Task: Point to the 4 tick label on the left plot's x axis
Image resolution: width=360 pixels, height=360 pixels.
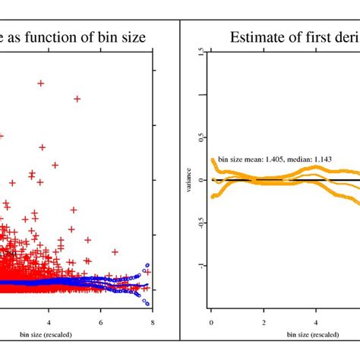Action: tap(49, 321)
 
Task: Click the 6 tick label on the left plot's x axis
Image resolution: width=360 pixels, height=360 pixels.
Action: tap(101, 321)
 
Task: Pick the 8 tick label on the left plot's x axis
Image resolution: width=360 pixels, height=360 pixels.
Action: tap(153, 321)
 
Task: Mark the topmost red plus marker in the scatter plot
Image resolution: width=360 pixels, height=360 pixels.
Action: tap(41, 84)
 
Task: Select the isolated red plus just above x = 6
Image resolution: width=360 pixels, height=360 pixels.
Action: tap(114, 252)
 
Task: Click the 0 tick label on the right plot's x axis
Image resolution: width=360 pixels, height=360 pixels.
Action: tap(211, 321)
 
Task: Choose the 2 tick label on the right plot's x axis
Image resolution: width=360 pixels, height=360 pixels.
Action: tap(263, 321)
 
